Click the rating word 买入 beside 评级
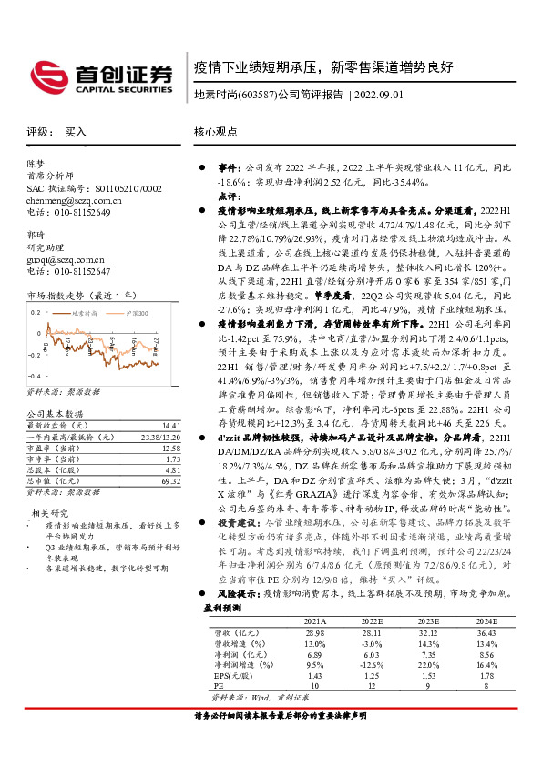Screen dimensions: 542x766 click(76, 132)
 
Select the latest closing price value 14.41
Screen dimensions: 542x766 click(170, 425)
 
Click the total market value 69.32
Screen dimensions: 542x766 click(170, 479)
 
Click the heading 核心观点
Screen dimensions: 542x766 click(214, 132)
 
